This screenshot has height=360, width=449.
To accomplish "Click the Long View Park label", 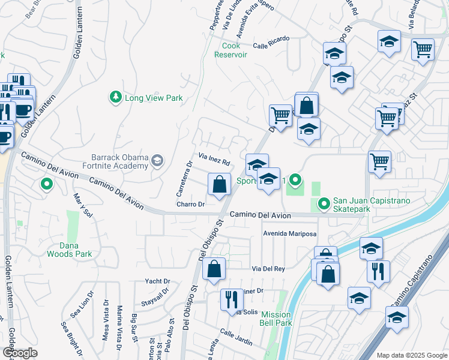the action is coord(153,98).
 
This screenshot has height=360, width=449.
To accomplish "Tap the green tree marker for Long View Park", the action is coord(115,97).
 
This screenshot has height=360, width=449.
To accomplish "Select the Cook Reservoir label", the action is coord(231,50).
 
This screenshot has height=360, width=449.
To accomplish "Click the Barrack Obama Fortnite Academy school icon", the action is coord(157,160).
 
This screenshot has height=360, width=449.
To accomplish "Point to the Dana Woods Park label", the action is coord(70,250).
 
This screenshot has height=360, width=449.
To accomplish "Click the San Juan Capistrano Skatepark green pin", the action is coord(325,205).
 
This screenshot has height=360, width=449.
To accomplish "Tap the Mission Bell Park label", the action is coord(276,319).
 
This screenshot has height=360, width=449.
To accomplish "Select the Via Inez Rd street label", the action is coord(211,160).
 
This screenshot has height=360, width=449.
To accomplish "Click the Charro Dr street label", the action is coord(191,205).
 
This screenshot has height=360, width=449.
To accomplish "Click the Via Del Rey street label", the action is coord(268,269).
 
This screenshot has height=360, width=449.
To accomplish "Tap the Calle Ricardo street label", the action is coord(271,41).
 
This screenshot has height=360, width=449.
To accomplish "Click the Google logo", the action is coord(20,353).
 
